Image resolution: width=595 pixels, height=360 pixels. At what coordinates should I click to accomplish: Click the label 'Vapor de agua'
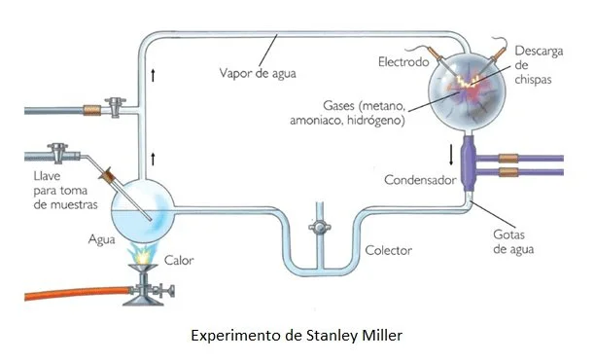[x=258, y=73]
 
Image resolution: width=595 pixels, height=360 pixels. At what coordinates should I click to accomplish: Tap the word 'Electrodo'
[x=403, y=61]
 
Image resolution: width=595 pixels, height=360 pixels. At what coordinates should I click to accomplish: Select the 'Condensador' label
[x=420, y=180]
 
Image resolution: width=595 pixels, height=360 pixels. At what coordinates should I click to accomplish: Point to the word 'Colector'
[x=389, y=250]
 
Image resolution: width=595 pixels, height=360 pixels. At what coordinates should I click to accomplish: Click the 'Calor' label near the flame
[x=179, y=260]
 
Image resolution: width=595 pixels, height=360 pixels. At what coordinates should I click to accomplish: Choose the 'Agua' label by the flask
[x=102, y=239]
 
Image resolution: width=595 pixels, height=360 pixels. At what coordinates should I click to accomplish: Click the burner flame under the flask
[x=143, y=253]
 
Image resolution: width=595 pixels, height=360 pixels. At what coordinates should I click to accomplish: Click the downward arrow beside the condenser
[x=451, y=155]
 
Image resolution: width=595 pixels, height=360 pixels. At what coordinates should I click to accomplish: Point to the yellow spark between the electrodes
[x=469, y=82]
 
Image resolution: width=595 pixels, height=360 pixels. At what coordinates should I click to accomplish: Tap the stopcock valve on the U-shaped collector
[x=320, y=228]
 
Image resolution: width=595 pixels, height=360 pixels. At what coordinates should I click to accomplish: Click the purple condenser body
[x=469, y=164]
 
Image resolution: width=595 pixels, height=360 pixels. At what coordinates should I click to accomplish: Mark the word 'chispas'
[x=533, y=80]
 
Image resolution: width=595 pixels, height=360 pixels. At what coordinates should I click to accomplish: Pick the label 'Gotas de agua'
[x=513, y=242]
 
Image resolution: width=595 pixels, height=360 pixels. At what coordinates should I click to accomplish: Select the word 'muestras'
[x=74, y=204]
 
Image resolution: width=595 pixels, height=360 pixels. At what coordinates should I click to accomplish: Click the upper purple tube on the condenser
[x=520, y=159]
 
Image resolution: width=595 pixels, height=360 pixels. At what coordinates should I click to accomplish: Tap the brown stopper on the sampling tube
[x=108, y=175]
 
